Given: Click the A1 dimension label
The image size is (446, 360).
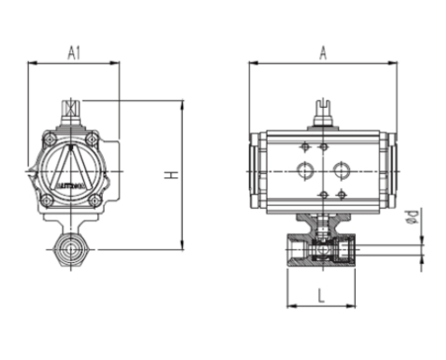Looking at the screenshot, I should point(75,52).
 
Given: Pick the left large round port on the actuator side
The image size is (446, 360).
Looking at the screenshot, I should point(304,169).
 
